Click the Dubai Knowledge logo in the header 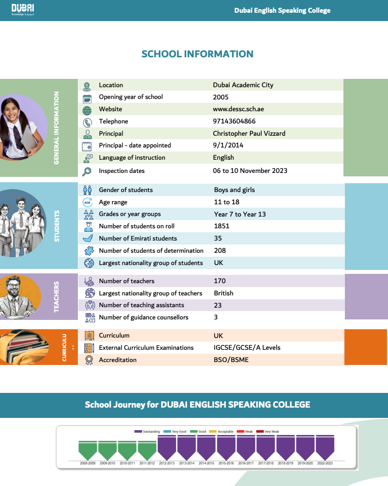click(x=23, y=9)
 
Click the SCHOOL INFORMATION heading click(x=197, y=54)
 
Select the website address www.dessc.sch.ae click(x=238, y=109)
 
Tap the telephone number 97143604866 click(x=234, y=121)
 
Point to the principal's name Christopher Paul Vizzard click(x=249, y=133)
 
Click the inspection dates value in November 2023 click(x=250, y=170)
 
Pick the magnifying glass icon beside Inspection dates click(x=87, y=171)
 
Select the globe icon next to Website click(x=87, y=110)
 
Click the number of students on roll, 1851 click(x=221, y=226)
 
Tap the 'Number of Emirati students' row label click(x=138, y=238)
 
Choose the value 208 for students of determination click(x=220, y=250)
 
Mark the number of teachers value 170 click(x=219, y=281)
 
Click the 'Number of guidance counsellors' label click(x=144, y=317)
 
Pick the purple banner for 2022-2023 click(x=325, y=447)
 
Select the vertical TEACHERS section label click(x=56, y=296)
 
